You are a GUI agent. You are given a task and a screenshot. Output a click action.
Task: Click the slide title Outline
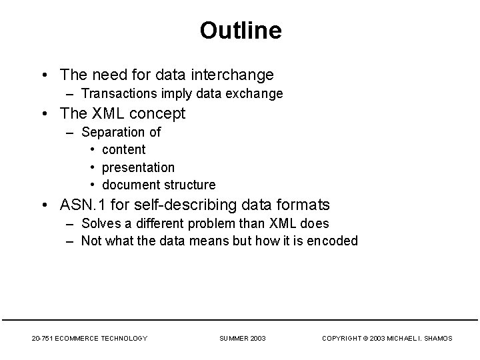240,31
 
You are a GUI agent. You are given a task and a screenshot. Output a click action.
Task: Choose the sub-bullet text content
123,149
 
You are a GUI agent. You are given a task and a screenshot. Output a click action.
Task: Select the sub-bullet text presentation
138,167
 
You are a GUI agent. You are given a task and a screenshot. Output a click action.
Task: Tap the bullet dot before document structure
93,185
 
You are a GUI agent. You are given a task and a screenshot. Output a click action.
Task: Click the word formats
304,205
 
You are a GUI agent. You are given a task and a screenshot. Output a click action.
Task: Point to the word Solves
99,223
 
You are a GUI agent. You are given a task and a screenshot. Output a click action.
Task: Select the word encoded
334,241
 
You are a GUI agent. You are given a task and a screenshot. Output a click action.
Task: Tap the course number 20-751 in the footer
44,339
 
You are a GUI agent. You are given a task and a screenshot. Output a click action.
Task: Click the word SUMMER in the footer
234,339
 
